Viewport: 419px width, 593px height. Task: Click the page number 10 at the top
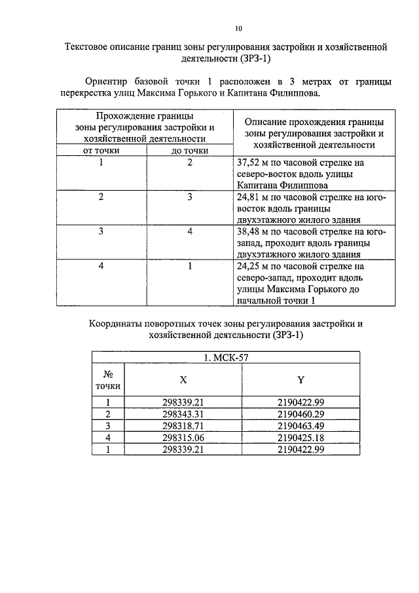pyautogui.click(x=239, y=28)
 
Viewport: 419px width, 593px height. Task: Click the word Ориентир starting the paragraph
pyautogui.click(x=107, y=81)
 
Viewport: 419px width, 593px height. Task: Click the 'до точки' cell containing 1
pyautogui.click(x=189, y=267)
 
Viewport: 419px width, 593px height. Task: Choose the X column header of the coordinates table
pyautogui.click(x=183, y=379)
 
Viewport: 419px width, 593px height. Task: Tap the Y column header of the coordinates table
pyautogui.click(x=301, y=379)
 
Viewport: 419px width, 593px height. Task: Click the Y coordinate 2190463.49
pyautogui.click(x=301, y=426)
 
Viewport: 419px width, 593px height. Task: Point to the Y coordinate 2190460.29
pyautogui.click(x=301, y=414)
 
